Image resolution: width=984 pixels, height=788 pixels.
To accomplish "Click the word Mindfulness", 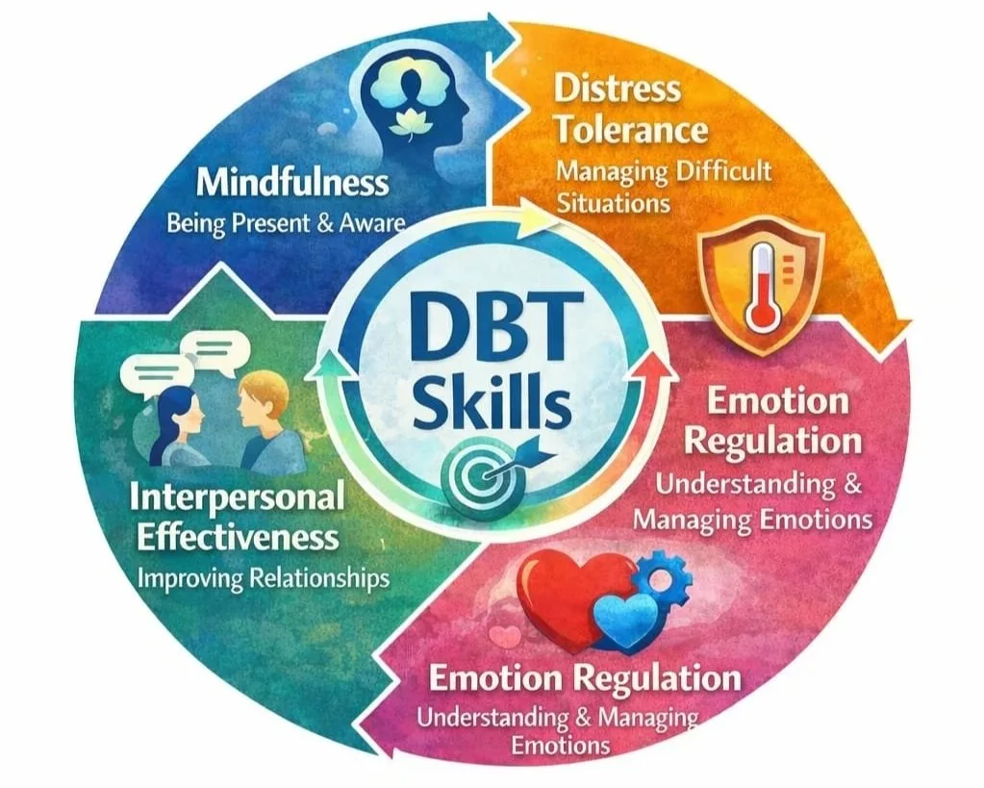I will [x=294, y=182].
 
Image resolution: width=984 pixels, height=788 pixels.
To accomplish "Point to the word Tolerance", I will [x=632, y=130].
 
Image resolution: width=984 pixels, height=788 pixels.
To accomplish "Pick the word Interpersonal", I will [x=236, y=497].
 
